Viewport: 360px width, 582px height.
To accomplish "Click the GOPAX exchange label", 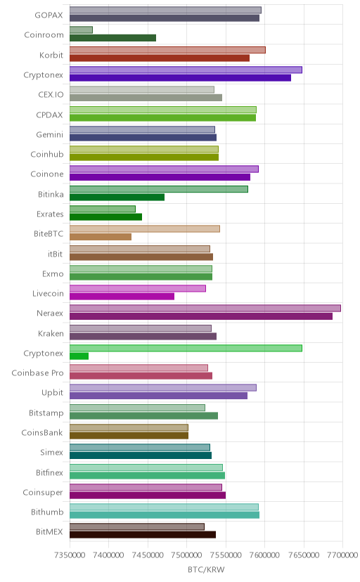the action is (x=49, y=15).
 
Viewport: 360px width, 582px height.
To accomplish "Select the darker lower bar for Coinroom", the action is (x=112, y=38).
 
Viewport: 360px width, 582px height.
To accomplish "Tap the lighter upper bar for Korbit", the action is (x=167, y=50).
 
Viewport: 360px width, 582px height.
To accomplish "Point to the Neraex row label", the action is (x=50, y=313).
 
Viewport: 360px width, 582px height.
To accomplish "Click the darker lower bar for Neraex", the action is (x=201, y=316).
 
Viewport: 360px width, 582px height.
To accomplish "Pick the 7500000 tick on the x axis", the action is (x=187, y=555).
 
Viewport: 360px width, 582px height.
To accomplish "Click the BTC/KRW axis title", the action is (x=206, y=570).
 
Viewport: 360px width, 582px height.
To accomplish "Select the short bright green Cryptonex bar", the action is (x=79, y=356).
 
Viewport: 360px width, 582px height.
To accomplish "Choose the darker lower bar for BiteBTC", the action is (x=101, y=237).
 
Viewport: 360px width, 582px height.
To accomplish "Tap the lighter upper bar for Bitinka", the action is (x=159, y=189).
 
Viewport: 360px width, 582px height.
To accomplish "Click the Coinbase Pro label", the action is (x=37, y=373).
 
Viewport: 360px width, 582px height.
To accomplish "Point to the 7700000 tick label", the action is (x=342, y=555).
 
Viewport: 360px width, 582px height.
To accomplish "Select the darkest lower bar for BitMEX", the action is (x=143, y=535).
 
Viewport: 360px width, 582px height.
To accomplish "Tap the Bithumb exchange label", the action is (x=47, y=512).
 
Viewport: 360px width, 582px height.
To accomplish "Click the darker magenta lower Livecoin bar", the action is (x=122, y=297).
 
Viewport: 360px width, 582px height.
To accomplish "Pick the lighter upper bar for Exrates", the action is (x=103, y=209).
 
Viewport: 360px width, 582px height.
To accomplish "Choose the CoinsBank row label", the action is (x=42, y=433).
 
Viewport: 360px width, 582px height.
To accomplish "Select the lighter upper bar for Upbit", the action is (x=163, y=388).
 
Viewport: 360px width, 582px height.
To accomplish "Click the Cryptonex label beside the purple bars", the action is (x=43, y=75).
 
